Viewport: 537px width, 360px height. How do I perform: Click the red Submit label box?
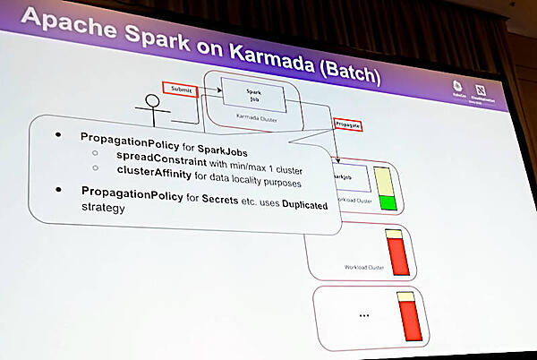click(x=180, y=88)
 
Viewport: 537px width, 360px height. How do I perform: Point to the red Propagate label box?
click(x=349, y=124)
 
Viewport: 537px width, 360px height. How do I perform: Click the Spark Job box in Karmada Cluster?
click(x=253, y=92)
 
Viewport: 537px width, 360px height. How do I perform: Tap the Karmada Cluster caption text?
click(x=253, y=117)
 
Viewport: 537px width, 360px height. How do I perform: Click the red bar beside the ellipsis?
click(x=410, y=321)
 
